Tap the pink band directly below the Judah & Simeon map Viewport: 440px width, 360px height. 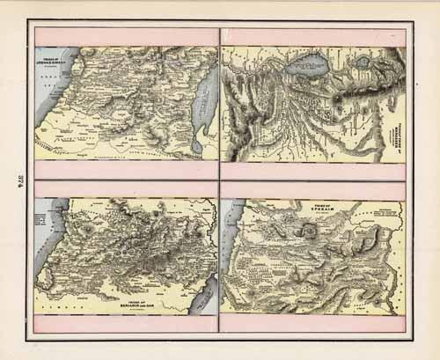127,171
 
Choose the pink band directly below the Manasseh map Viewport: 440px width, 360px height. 313,171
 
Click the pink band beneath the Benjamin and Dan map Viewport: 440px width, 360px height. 127,323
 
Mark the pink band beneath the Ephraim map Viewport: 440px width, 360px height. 313,323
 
